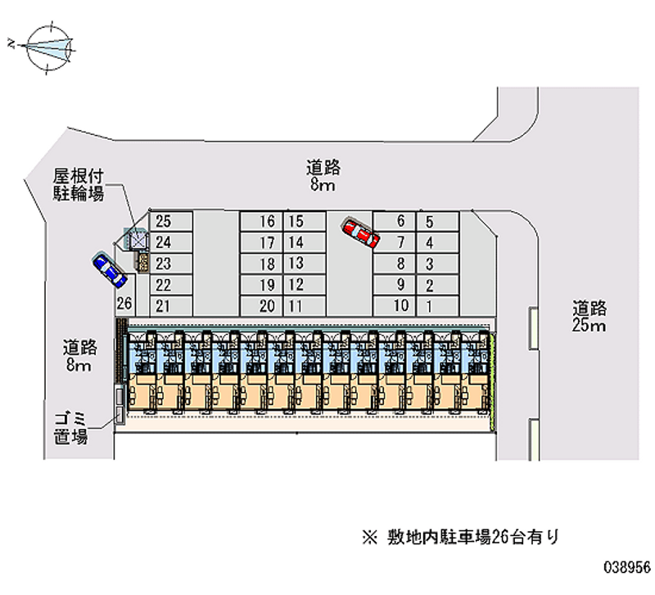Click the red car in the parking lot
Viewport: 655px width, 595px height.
pos(361,233)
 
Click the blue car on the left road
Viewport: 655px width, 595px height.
pos(110,270)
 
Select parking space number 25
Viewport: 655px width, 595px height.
pos(171,221)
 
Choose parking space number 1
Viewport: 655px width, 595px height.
pos(438,306)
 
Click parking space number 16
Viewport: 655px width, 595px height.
pos(261,221)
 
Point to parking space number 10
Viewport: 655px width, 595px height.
pos(394,306)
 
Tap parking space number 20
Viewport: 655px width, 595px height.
pos(261,306)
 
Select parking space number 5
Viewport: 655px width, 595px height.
pos(438,221)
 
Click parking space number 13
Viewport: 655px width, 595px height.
pos(305,264)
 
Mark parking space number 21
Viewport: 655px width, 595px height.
pos(171,306)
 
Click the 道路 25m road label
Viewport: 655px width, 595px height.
pos(589,317)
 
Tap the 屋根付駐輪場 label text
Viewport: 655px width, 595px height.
pos(78,185)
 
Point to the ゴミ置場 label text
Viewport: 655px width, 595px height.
pos(70,428)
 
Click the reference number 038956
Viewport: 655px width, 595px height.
pos(627,566)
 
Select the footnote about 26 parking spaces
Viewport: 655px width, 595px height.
pos(460,537)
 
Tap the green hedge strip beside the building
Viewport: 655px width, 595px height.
pos(493,381)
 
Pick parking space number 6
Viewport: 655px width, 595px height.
pos(394,221)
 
